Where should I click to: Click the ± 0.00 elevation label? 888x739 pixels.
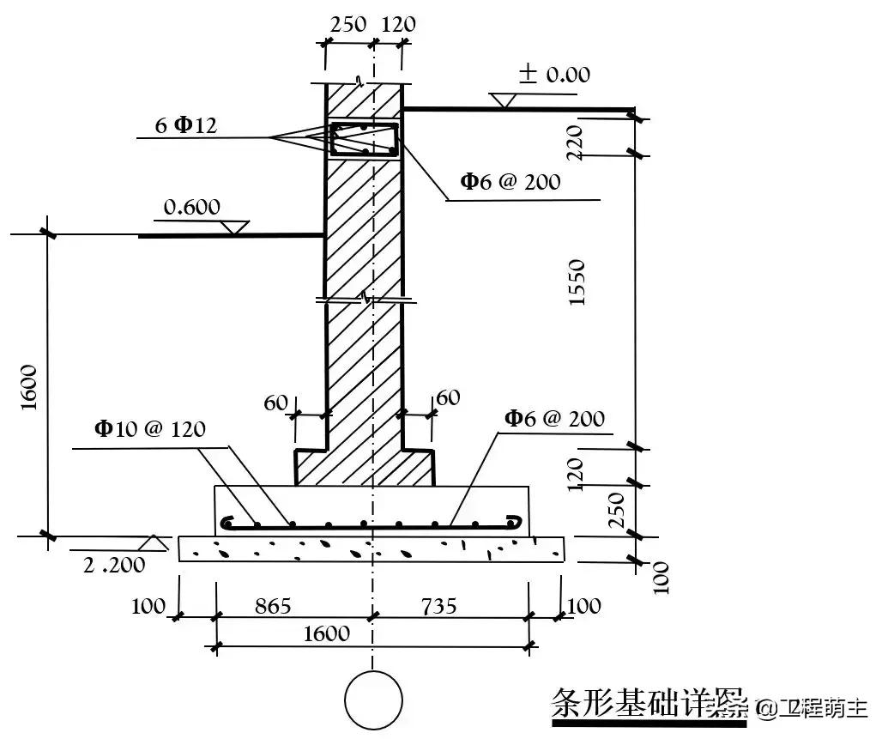point(554,75)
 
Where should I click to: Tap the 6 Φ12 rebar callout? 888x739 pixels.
point(185,125)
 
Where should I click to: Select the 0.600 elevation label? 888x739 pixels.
point(191,207)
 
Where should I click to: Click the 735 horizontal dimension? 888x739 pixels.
point(438,606)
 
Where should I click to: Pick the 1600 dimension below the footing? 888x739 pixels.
point(326,633)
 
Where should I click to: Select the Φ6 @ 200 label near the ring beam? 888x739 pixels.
point(510,181)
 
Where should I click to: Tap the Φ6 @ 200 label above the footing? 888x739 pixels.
point(554,419)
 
